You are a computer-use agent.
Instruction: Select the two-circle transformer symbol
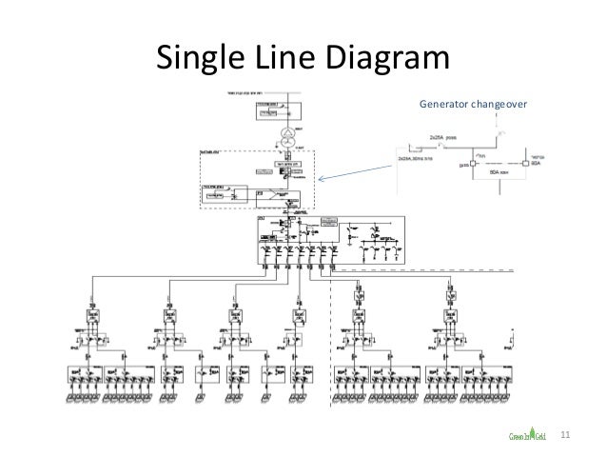(x=284, y=132)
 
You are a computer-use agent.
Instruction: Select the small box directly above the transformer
(x=268, y=112)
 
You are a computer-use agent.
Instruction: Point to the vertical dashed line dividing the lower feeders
(x=330, y=333)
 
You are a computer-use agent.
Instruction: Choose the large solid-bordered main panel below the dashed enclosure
(x=333, y=238)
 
